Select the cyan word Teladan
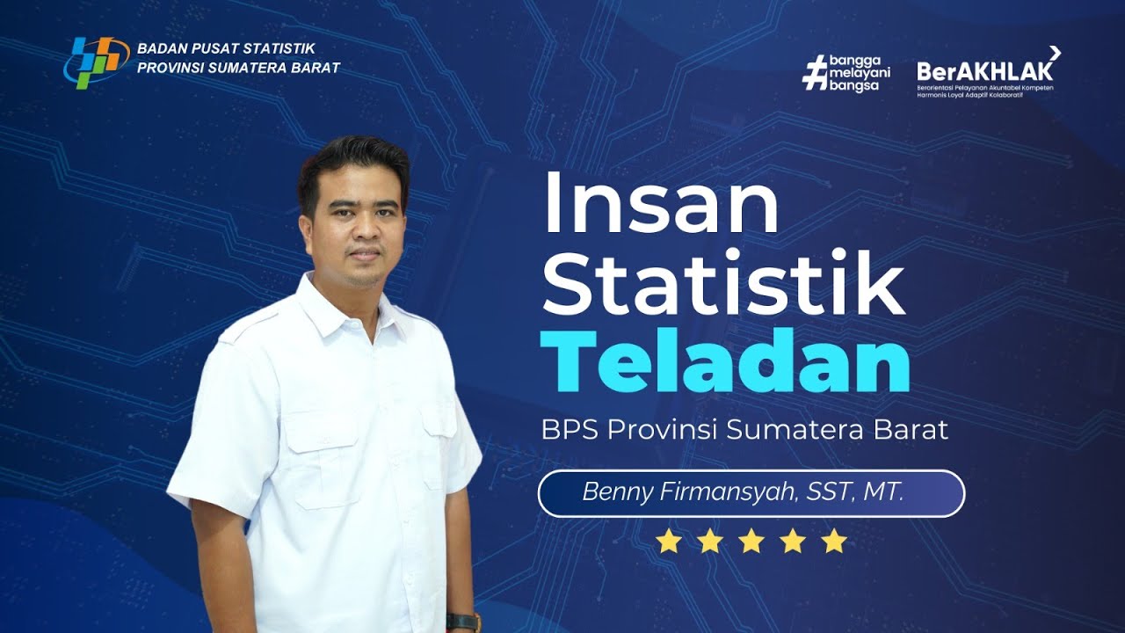724,362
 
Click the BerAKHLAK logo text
984,70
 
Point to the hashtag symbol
816,72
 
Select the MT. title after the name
882,492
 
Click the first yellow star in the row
669,542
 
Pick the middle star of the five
751,542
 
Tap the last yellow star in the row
834,542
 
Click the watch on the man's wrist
463,621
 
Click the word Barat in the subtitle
911,431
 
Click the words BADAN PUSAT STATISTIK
226,49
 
